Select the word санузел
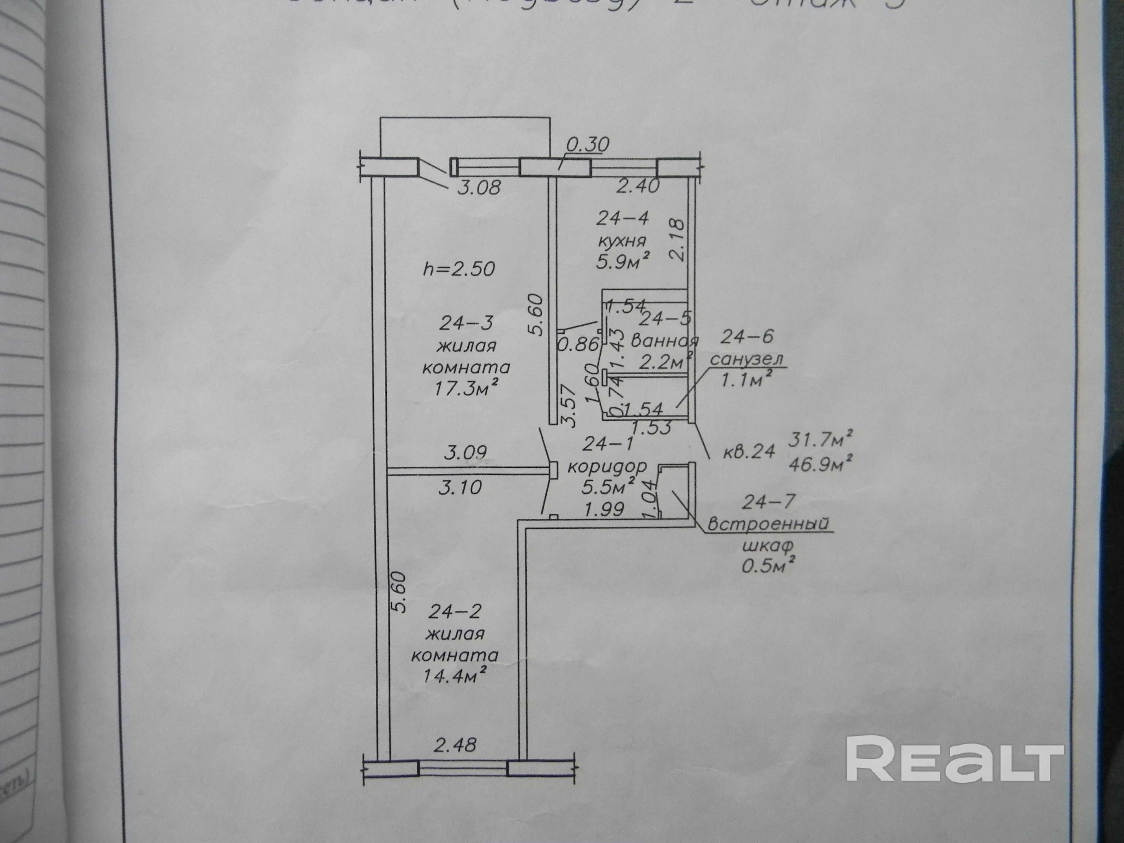click(x=746, y=359)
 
